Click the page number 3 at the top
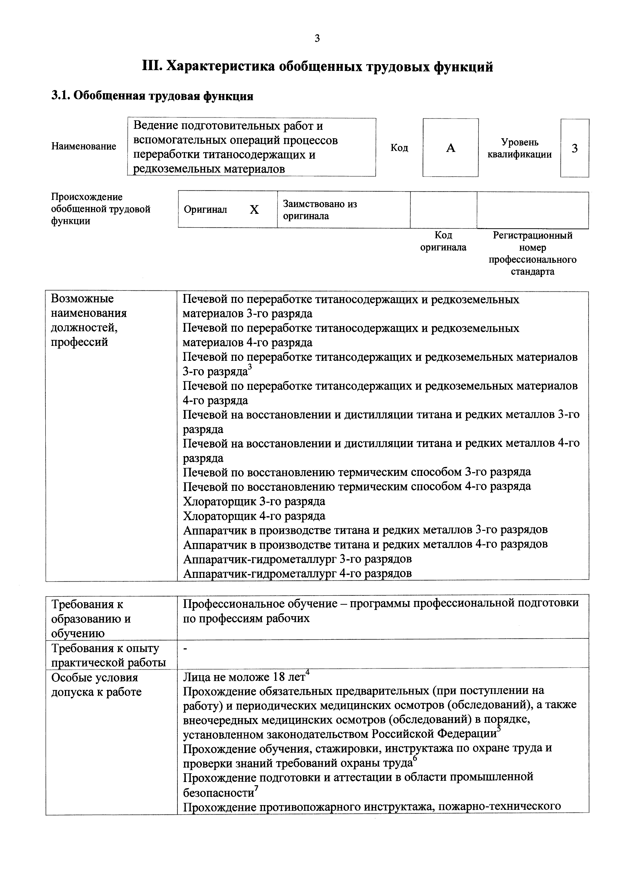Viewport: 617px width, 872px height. point(318,38)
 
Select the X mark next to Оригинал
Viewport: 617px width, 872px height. point(254,210)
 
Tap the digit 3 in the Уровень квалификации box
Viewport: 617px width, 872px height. point(574,148)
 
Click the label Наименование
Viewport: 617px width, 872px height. point(84,147)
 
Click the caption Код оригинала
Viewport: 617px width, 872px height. point(443,241)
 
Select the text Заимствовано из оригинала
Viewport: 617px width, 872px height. point(320,210)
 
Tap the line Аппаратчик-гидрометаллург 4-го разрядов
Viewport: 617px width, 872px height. point(297,573)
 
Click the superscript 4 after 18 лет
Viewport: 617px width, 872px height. point(308,673)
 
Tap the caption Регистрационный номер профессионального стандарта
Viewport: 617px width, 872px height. point(532,253)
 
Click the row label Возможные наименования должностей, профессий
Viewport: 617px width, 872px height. point(89,320)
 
